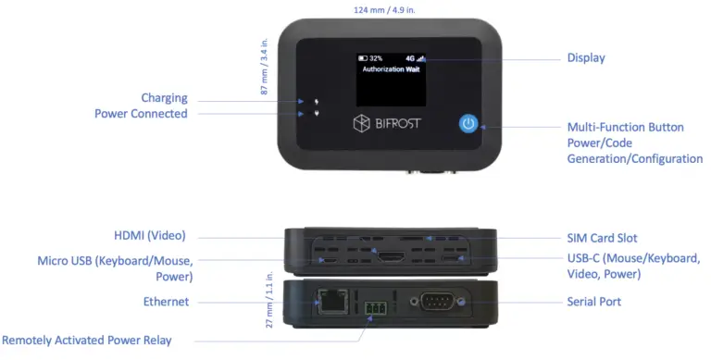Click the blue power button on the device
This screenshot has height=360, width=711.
coord(468,124)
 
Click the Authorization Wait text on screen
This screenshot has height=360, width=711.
coord(387,69)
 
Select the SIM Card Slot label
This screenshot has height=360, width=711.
coord(601,239)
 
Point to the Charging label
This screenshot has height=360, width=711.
coord(164,98)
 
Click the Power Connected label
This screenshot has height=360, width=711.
coord(141,114)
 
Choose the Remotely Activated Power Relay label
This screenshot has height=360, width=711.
coord(86,340)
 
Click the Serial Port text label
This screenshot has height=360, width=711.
coord(593,302)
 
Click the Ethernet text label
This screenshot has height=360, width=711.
coord(166,302)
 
